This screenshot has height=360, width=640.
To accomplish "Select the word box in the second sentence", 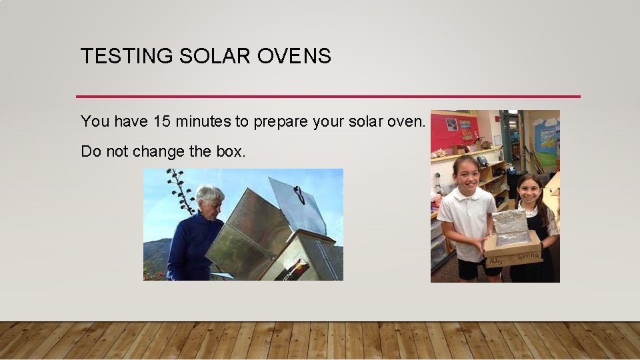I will pyautogui.click(x=231, y=151).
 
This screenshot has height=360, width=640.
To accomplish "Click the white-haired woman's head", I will pyautogui.click(x=210, y=201).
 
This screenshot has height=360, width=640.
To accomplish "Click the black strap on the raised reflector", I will pyautogui.click(x=299, y=194).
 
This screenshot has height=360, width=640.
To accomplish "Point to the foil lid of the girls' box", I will pyautogui.click(x=512, y=227).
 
